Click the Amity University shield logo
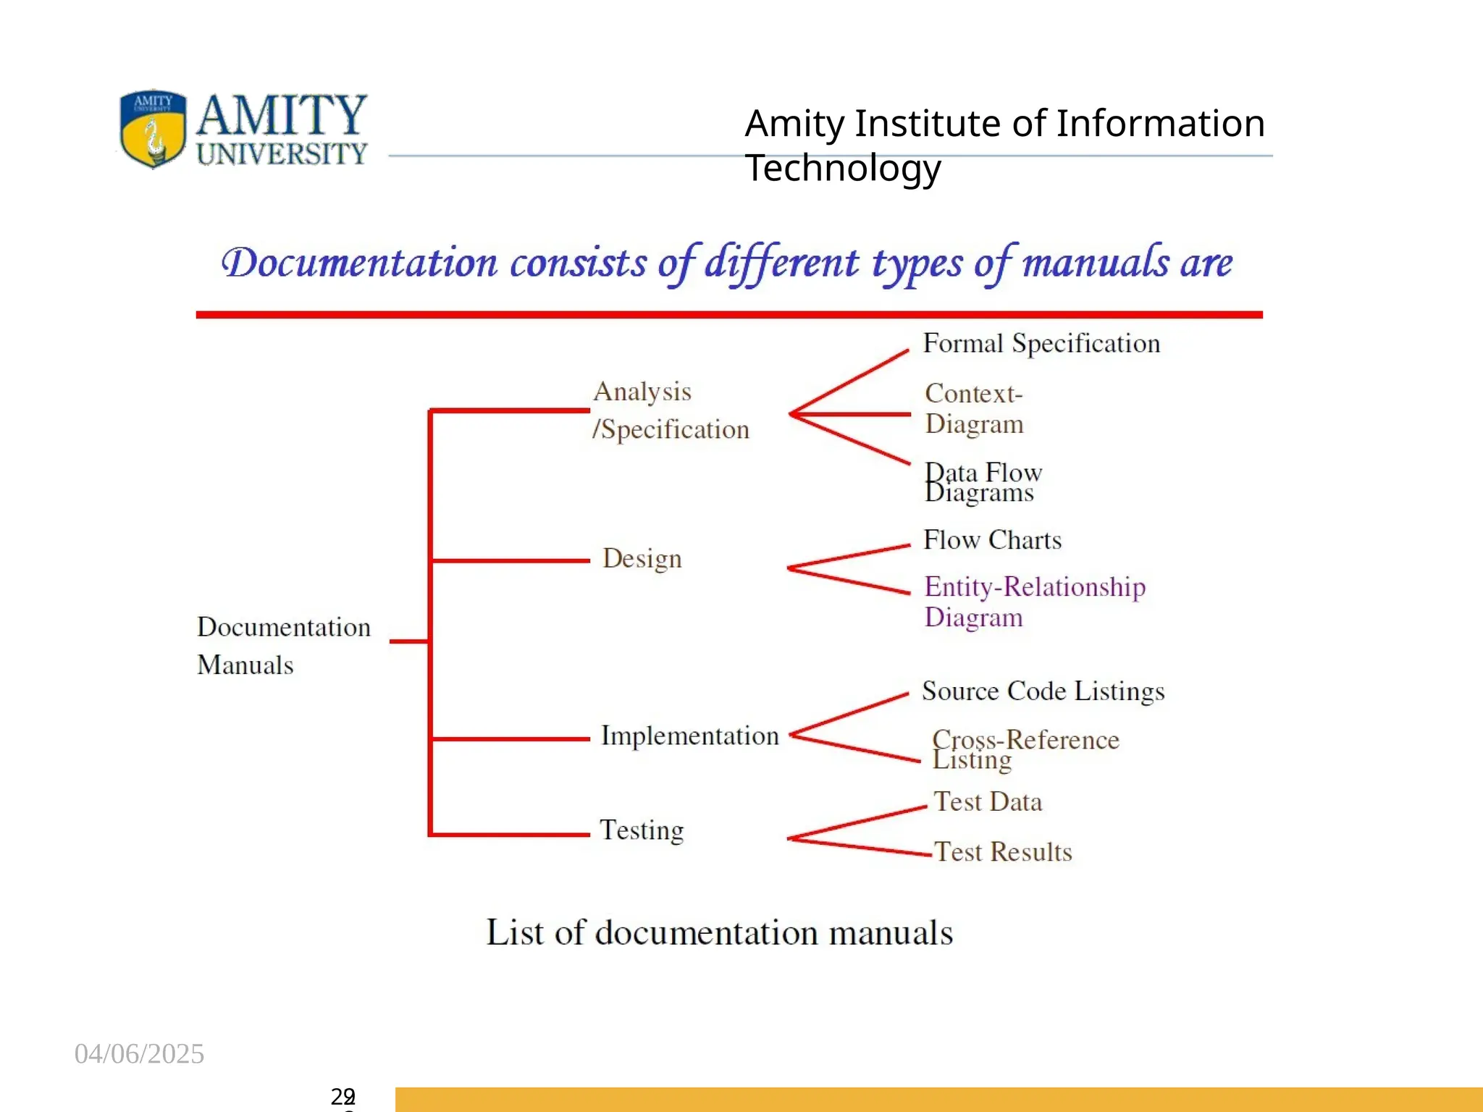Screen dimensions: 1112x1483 [153, 129]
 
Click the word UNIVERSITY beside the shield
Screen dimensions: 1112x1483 [282, 153]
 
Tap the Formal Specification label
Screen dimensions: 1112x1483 [1041, 343]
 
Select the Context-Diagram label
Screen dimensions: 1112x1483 [974, 408]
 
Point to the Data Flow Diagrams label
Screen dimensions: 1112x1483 [983, 482]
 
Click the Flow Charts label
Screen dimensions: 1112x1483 [992, 540]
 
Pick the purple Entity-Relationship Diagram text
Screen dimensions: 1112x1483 [1034, 601]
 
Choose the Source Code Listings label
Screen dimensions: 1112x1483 [1043, 691]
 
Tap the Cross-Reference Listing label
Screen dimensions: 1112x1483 [1025, 749]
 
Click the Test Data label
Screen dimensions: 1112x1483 [988, 801]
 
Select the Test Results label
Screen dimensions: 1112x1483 [1002, 851]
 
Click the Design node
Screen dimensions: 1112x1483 [642, 558]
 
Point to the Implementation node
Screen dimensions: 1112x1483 [689, 736]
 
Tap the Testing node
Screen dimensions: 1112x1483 [642, 830]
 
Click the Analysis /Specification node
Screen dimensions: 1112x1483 [670, 410]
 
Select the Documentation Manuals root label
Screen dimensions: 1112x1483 [283, 645]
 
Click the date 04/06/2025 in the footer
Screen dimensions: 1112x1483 [139, 1053]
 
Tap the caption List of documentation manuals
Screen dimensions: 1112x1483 [719, 932]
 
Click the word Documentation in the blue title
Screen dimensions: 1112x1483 [360, 263]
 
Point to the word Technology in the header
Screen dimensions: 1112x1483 [843, 168]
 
